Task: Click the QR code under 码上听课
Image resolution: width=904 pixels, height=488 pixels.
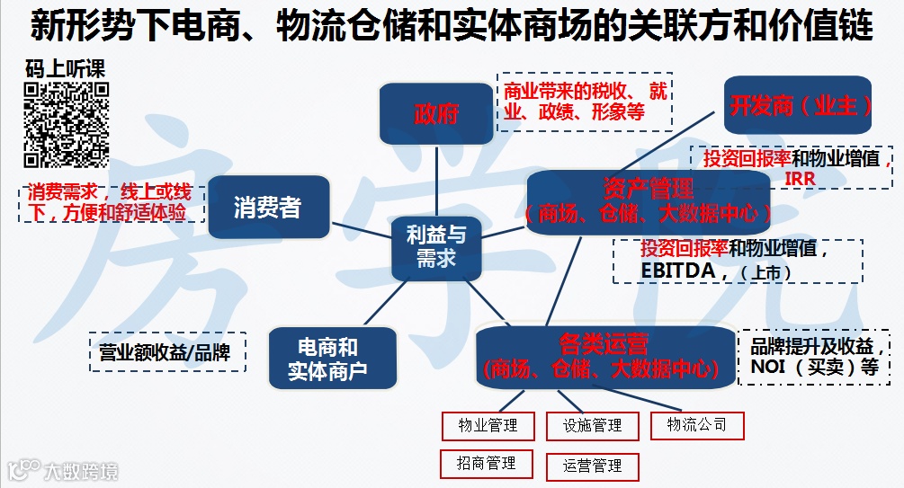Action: click(66, 124)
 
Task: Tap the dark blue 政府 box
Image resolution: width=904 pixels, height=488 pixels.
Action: click(436, 114)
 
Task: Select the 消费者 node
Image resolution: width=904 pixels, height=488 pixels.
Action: click(268, 208)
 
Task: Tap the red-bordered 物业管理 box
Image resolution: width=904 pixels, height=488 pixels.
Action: click(488, 425)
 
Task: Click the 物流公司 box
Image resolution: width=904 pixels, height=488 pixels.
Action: click(697, 424)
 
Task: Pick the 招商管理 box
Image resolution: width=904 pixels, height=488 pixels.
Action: click(486, 464)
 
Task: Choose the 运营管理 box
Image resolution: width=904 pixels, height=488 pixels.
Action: click(592, 466)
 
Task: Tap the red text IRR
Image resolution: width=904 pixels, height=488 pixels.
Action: click(799, 178)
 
